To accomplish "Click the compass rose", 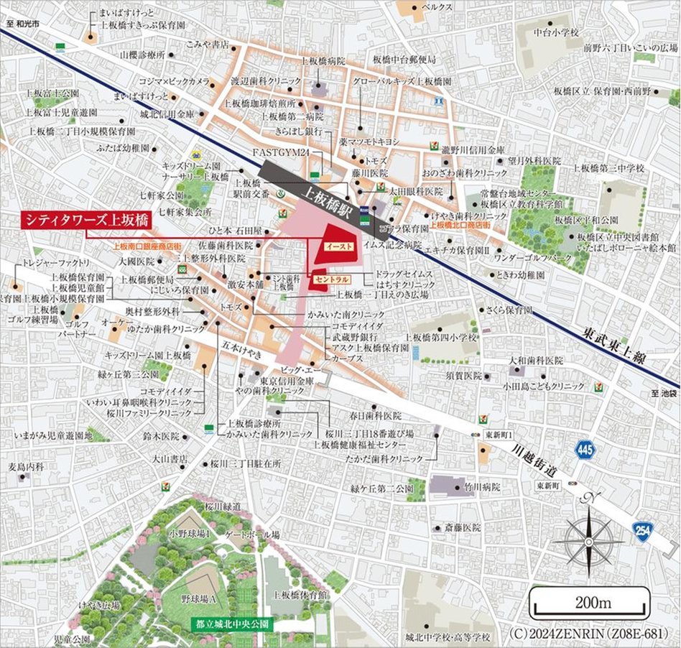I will coord(588,538).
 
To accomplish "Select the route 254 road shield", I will coord(643,530).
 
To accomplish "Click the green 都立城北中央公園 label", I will coord(230,624).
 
